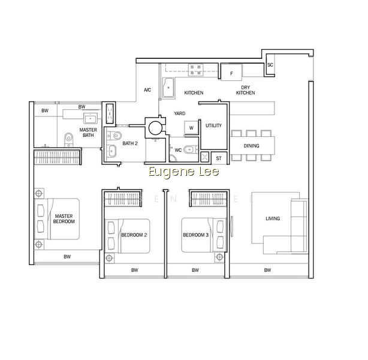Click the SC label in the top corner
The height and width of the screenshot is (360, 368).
[270, 65]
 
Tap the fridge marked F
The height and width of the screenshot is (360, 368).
[231, 73]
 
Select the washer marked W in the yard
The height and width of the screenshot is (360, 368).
[191, 128]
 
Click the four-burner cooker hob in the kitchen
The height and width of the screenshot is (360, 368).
[195, 70]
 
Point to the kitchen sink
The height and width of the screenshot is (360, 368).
[168, 88]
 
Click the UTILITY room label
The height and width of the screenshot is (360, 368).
[213, 125]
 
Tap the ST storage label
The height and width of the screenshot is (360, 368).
[219, 158]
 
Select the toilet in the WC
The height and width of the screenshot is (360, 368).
[191, 149]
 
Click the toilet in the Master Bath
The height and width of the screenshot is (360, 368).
[68, 139]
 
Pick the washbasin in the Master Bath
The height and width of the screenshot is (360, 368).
[91, 118]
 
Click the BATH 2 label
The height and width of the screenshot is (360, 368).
[130, 143]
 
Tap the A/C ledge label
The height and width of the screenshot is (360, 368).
[147, 90]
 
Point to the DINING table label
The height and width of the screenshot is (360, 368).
[251, 146]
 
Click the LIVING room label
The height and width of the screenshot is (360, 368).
[273, 218]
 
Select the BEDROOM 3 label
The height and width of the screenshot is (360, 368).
[196, 235]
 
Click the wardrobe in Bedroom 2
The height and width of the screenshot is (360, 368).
[122, 199]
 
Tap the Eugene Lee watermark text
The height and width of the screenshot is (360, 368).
[184, 172]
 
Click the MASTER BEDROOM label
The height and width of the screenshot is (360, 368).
[64, 219]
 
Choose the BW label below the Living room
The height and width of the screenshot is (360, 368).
[267, 270]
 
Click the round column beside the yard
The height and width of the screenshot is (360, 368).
[155, 128]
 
